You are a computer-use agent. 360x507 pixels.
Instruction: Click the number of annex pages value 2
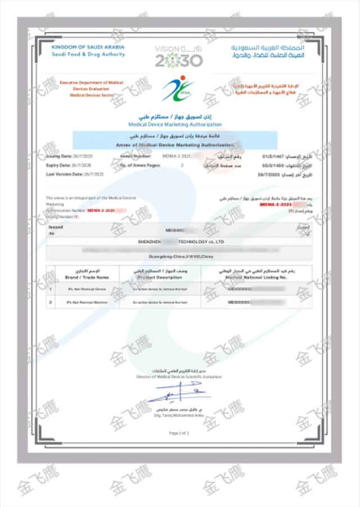pyautogui.click(x=182, y=166)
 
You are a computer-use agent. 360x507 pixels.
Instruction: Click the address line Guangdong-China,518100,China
pyautogui.click(x=179, y=257)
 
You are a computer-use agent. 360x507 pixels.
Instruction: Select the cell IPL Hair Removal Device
pyautogui.click(x=85, y=289)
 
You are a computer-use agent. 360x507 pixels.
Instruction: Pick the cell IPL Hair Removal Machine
pyautogui.click(x=85, y=302)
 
